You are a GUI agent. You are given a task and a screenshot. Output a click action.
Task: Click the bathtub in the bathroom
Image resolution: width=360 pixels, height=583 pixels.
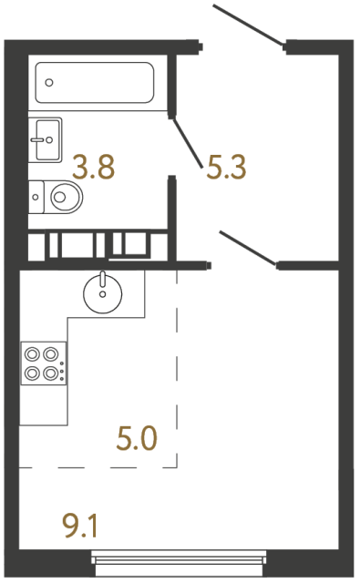pos(95,83)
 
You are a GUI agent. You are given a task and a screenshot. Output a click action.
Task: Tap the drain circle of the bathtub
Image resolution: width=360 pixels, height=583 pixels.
pos(49,83)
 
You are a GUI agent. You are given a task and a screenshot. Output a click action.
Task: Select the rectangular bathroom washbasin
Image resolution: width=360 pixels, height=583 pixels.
pos(45,139)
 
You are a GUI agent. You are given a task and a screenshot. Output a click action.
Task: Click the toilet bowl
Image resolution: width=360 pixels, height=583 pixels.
pos(63,197)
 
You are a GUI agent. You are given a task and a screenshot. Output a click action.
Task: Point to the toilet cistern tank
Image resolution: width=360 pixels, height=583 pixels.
pos(36,197)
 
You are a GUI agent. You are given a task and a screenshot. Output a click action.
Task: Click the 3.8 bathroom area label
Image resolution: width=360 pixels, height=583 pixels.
pos(93,168)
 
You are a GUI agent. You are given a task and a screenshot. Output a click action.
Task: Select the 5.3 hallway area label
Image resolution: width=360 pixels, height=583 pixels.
pos(226,168)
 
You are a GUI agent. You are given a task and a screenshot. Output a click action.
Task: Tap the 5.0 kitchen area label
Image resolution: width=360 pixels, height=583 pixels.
pos(137,439)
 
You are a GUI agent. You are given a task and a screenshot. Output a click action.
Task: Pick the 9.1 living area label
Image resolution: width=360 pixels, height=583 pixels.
pos(81,526)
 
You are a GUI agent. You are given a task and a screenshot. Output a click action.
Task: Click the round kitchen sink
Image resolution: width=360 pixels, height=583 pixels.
pos(103,293)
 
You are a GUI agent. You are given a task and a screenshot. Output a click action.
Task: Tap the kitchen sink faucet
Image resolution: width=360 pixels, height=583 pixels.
pos(103,280)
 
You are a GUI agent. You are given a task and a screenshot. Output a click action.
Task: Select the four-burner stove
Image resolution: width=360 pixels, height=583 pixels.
pos(44,363)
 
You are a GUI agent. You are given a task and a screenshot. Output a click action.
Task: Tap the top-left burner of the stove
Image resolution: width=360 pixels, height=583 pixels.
pos(32,354)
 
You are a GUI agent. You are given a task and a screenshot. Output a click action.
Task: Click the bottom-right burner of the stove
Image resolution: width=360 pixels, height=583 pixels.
pos(50,373)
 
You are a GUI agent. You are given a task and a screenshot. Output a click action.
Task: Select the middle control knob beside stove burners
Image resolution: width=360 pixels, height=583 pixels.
pos(62,371)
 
